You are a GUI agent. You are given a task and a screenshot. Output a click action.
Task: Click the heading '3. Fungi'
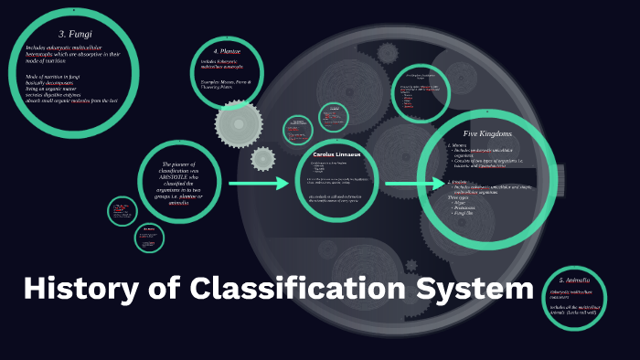72,33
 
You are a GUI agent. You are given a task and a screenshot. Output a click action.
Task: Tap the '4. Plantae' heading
228,51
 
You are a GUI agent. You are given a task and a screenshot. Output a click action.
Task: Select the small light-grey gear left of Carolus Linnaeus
263,159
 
